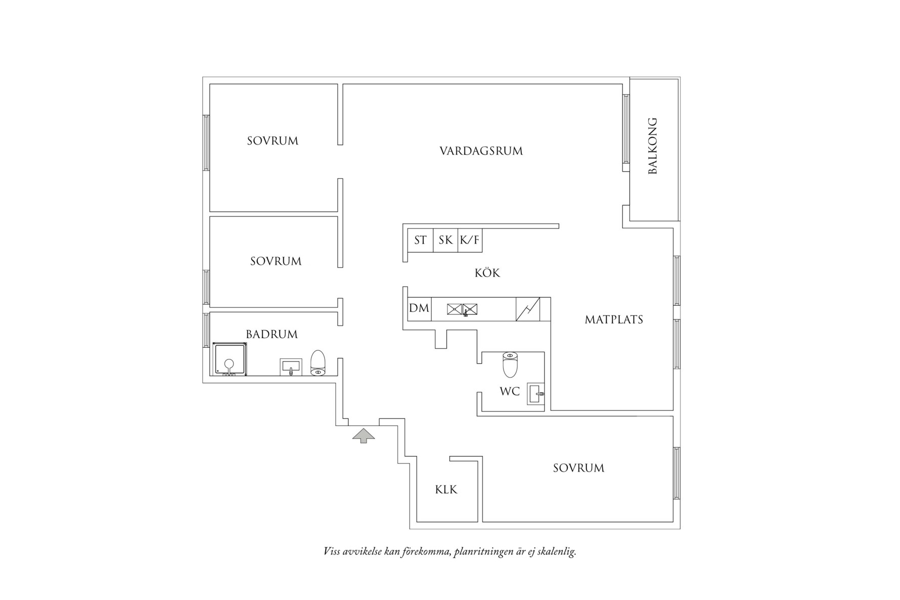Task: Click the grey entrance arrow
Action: tap(364, 435)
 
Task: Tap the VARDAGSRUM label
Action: tap(481, 151)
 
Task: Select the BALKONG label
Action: tap(653, 146)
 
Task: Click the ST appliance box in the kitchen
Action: tap(420, 240)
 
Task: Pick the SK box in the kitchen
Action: tap(445, 240)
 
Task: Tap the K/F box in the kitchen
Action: tap(469, 240)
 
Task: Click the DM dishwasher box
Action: tap(419, 308)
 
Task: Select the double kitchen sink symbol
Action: tap(462, 309)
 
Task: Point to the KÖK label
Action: tap(487, 273)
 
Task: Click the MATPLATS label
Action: tap(614, 319)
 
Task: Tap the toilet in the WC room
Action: tap(510, 364)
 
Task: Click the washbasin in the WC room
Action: tap(535, 393)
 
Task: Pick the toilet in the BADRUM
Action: tap(318, 363)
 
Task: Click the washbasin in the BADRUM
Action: tap(291, 367)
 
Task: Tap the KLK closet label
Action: tap(446, 490)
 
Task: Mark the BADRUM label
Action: tap(272, 334)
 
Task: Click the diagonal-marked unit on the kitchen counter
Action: tap(527, 309)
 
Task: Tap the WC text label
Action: tap(509, 391)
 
